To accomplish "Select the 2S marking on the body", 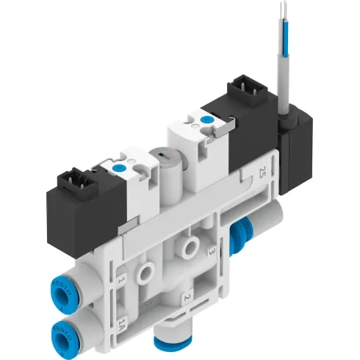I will click(x=263, y=173).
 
